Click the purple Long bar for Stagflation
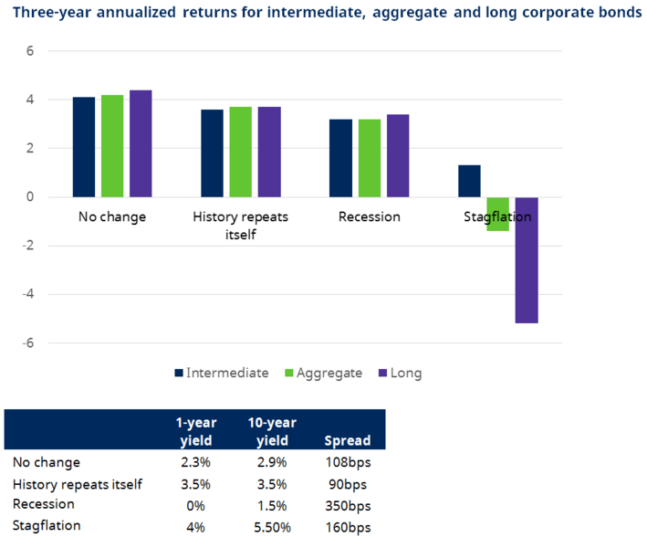pos(527,260)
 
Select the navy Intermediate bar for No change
pos(84,147)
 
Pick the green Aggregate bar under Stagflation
pos(497,214)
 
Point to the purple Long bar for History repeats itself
pos(269,152)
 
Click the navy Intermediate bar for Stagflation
pos(469,181)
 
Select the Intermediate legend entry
pos(227,373)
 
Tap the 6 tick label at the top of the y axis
pos(29,51)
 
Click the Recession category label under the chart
pos(369,217)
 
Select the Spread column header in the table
pos(348,441)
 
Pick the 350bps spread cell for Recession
pos(348,505)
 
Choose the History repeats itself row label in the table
pos(78,484)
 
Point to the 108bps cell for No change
pos(348,463)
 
